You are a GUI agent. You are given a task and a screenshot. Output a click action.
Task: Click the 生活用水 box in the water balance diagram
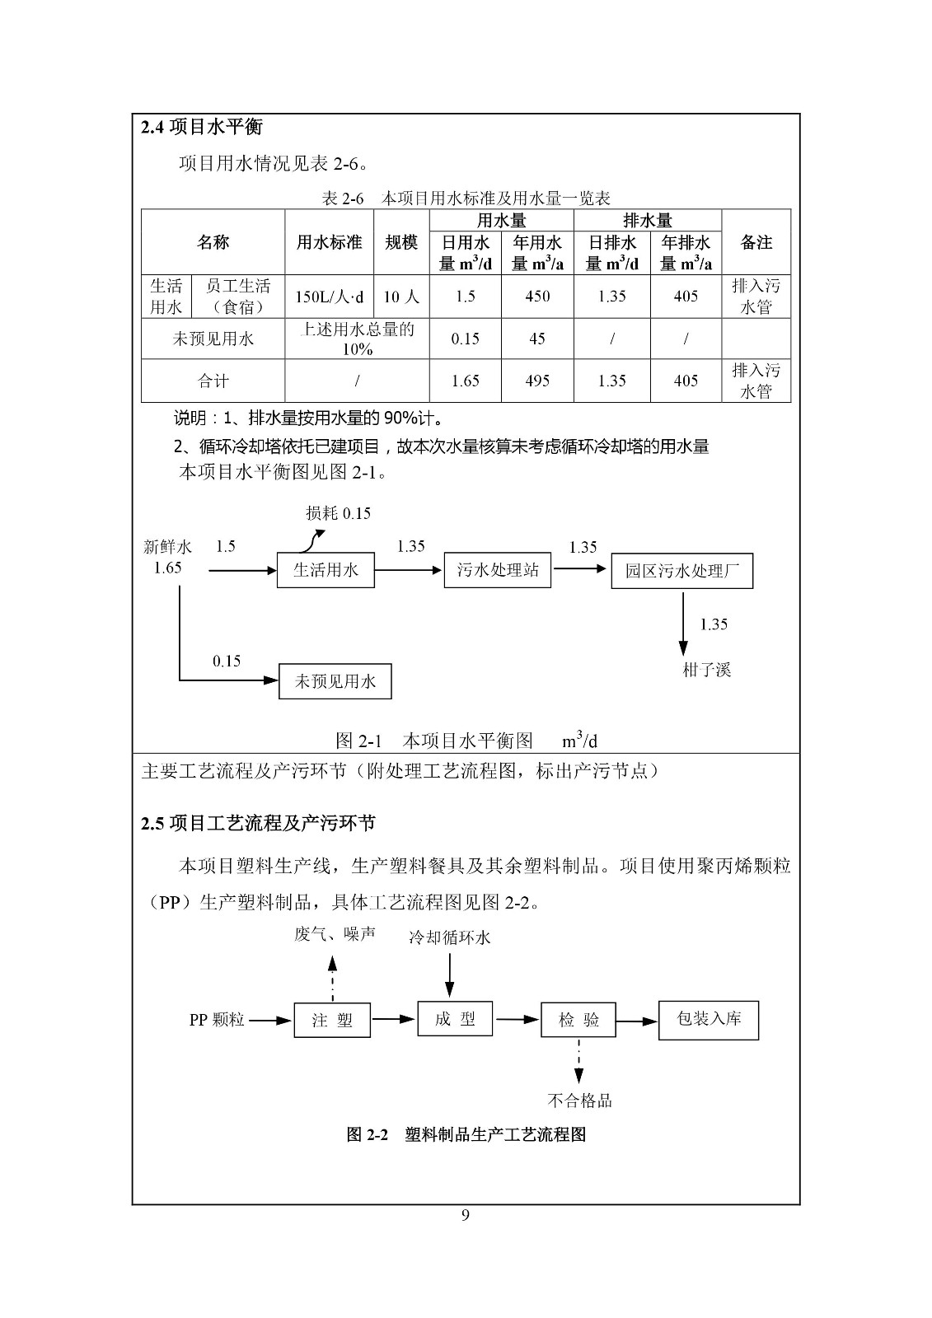326,570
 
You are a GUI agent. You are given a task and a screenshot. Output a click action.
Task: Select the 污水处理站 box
498,570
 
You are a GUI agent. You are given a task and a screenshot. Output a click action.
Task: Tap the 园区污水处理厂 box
681,572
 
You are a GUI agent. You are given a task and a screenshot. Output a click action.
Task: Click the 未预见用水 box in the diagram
335,681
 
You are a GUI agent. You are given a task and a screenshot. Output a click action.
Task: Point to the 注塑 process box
332,1020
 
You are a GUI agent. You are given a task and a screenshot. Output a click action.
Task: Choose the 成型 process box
455,1019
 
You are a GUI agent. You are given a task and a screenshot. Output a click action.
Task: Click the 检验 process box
578,1020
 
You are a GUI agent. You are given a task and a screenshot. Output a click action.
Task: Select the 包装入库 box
708,1020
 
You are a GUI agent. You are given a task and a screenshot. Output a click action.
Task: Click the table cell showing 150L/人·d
330,297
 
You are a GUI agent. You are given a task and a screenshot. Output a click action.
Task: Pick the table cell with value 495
537,381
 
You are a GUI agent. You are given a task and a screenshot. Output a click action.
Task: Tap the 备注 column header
756,242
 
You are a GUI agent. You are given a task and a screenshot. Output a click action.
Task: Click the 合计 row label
213,381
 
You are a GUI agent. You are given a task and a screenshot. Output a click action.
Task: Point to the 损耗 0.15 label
338,513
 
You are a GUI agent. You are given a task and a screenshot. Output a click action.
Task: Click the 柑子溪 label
706,669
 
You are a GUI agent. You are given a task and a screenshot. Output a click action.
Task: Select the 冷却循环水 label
449,937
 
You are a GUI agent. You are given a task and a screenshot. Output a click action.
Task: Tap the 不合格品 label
579,1101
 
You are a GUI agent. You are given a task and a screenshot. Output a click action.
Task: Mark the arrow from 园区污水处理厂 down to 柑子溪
682,623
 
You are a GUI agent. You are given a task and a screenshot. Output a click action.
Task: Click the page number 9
466,1216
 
